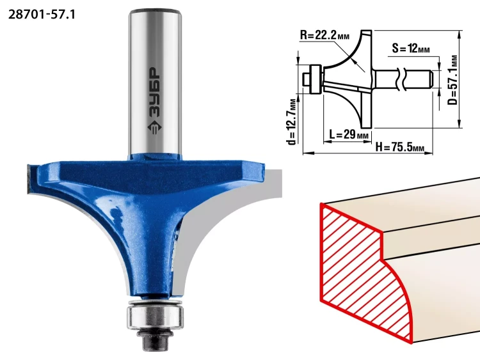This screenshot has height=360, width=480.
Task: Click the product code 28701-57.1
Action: pyautogui.click(x=42, y=14)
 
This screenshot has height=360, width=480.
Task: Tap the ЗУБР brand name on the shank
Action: pyautogui.click(x=155, y=92)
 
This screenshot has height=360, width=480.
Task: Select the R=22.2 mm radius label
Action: pyautogui.click(x=324, y=35)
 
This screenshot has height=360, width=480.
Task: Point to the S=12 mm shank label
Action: pyautogui.click(x=411, y=48)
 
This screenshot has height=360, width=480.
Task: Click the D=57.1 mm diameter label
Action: pyautogui.click(x=452, y=80)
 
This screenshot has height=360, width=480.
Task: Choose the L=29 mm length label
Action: pyautogui.click(x=349, y=134)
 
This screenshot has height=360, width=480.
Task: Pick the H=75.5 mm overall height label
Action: pyautogui.click(x=400, y=147)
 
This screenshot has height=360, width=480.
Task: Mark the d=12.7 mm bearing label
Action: pyautogui.click(x=292, y=121)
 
